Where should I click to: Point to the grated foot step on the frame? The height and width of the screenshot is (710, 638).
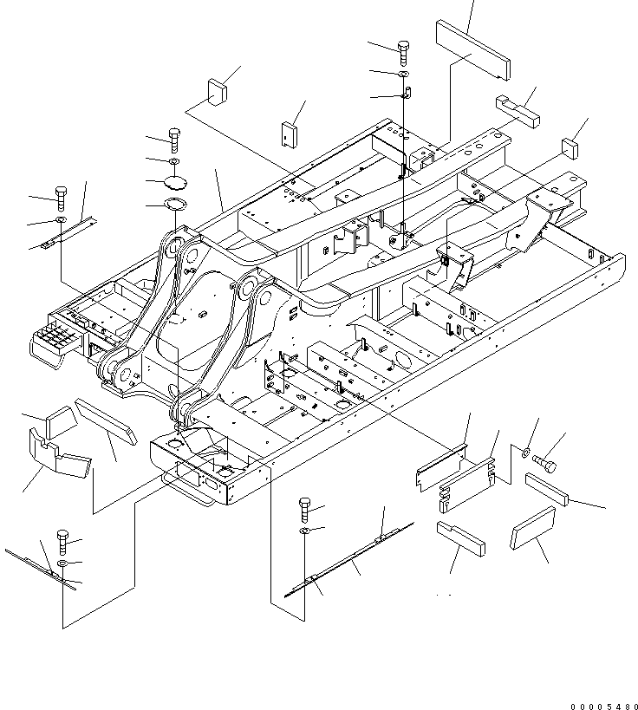pos(54,337)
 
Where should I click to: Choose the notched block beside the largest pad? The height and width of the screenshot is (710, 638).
pos(517,109)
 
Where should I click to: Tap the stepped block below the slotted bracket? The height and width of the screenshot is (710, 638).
pos(460,537)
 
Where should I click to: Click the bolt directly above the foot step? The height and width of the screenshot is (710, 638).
pos(62,197)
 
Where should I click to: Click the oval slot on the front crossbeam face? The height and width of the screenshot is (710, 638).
pos(205,499)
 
